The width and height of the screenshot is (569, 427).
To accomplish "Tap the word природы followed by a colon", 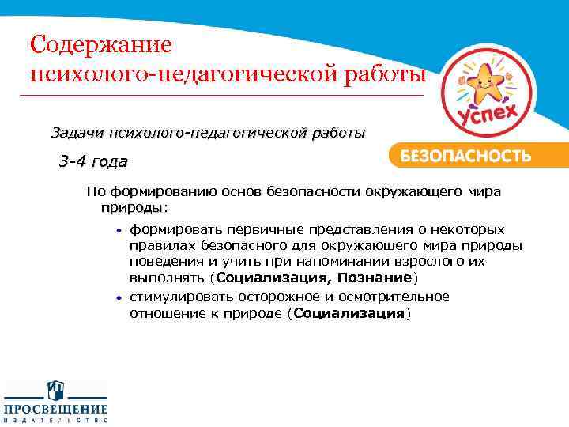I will point(132,207).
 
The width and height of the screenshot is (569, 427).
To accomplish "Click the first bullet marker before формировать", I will point(120,229).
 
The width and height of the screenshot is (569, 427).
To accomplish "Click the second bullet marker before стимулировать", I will point(120,297).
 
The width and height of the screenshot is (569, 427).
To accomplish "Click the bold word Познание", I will point(375,278).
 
